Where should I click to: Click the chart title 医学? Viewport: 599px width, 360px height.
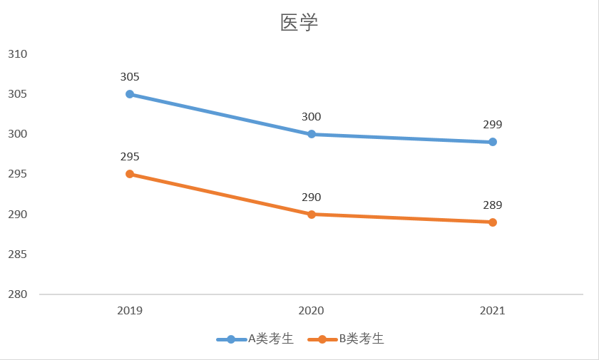click(299, 23)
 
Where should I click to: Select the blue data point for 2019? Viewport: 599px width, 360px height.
click(130, 94)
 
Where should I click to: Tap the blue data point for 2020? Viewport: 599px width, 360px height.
click(312, 134)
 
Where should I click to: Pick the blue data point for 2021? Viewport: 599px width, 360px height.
click(493, 142)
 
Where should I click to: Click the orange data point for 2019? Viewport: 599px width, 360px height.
click(130, 174)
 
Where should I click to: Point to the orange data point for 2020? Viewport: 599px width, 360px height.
click(312, 214)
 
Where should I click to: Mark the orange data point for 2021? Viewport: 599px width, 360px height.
click(493, 222)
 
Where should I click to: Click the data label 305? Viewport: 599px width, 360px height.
click(130, 77)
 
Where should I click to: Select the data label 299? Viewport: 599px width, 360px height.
click(493, 125)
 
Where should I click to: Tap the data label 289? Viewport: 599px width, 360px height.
click(493, 205)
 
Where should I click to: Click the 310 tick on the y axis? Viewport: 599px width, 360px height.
click(17, 54)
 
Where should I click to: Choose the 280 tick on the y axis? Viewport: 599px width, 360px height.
click(17, 294)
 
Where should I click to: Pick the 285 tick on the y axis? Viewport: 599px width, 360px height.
click(17, 254)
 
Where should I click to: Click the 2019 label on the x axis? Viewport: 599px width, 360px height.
click(130, 311)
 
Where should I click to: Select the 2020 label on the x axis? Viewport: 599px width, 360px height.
click(312, 311)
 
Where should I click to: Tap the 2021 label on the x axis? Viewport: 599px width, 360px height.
click(493, 311)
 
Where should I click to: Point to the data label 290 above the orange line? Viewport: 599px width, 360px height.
click(312, 197)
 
